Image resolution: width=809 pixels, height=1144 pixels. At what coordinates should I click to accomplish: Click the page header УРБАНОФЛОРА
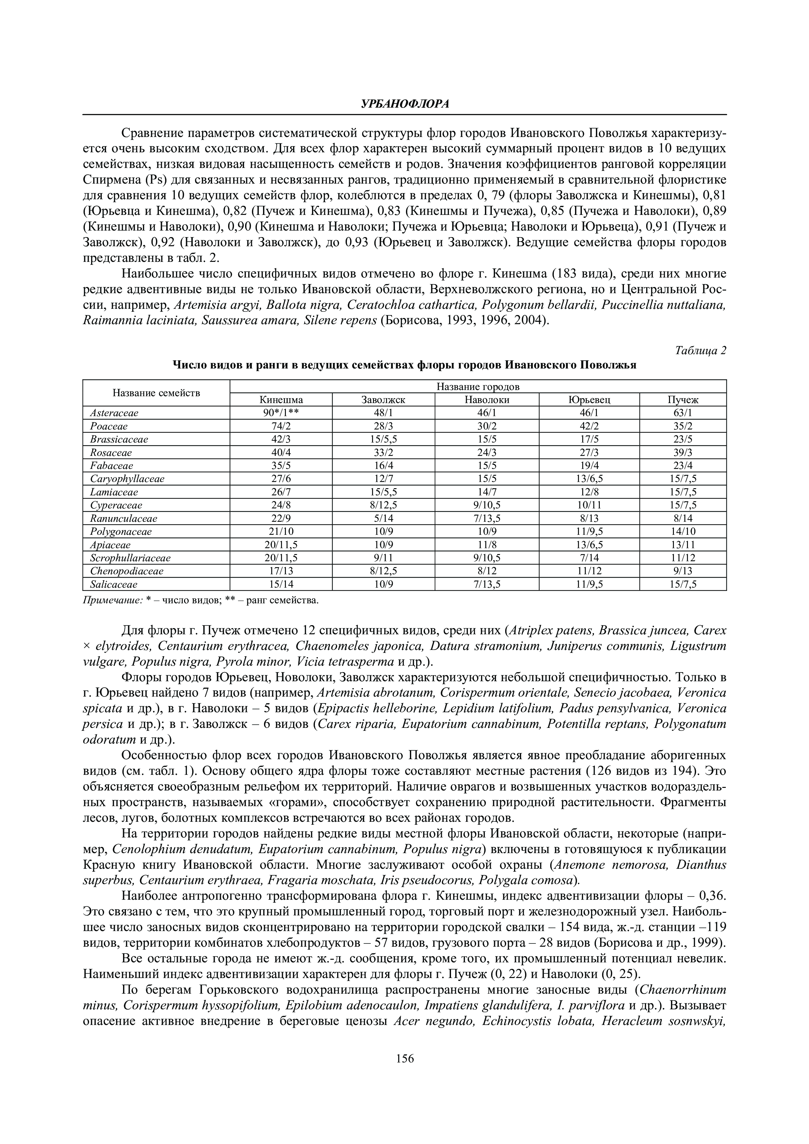click(404, 104)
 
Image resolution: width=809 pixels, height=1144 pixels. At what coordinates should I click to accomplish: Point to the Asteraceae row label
click(114, 413)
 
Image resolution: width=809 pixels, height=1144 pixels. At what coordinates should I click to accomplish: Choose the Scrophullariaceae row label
click(130, 558)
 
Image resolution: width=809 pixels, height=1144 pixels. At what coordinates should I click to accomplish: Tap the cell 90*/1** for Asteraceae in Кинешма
click(281, 413)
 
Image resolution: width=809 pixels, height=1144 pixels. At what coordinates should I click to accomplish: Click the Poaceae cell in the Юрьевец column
click(589, 427)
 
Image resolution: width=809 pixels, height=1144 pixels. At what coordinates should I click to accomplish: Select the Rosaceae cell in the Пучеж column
click(683, 453)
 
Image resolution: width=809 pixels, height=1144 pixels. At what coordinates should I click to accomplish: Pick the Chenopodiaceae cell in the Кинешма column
click(281, 571)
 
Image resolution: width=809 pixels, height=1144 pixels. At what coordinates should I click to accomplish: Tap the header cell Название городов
click(477, 387)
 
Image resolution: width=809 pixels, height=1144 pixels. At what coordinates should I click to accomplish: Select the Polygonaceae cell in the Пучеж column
click(683, 532)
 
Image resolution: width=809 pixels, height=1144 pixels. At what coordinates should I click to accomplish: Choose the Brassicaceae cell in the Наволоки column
click(487, 440)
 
